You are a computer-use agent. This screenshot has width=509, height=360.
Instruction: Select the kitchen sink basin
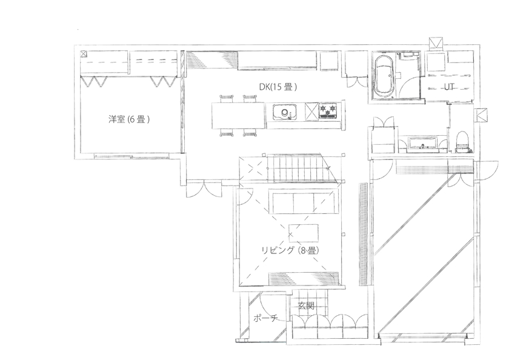coord(284,112)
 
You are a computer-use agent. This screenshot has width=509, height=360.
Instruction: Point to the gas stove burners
coord(328,112)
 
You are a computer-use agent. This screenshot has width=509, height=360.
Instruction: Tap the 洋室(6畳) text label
coord(129,119)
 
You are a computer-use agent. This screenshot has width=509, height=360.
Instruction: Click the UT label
coord(449,87)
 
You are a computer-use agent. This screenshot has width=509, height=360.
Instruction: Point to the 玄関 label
coord(306,306)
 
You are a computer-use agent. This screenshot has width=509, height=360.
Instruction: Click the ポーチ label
coord(265,319)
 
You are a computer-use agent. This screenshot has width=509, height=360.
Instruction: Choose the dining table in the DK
coord(238,115)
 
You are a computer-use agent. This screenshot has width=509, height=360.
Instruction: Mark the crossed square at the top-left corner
coord(84,53)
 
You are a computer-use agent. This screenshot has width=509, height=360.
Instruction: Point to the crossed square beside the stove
coord(310,111)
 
